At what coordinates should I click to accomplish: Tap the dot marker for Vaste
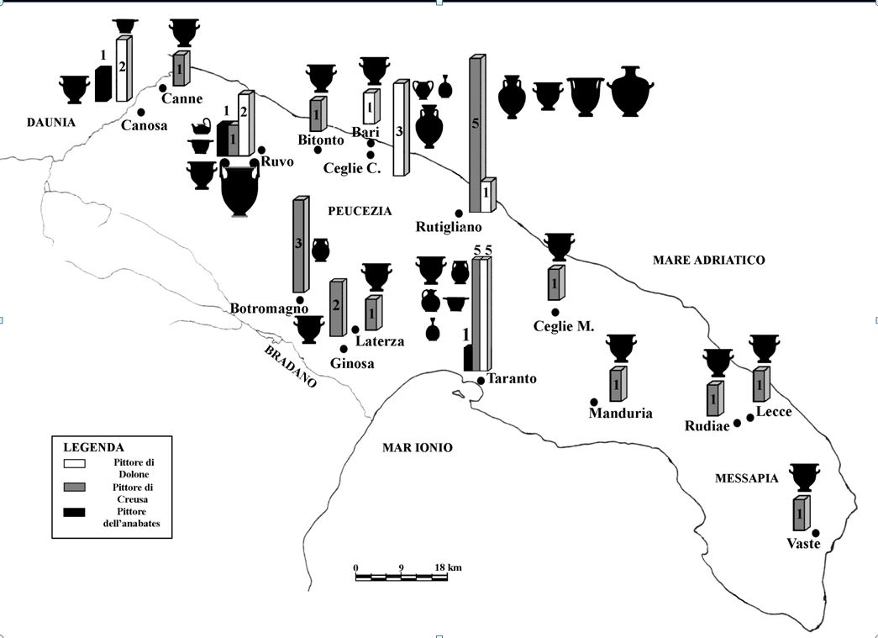(x=815, y=532)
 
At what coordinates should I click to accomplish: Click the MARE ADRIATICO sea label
(x=708, y=261)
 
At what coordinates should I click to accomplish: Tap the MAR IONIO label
(x=418, y=448)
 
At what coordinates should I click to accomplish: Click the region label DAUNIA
(x=50, y=123)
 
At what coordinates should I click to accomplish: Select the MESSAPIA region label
(x=746, y=478)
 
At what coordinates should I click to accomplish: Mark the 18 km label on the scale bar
(x=447, y=567)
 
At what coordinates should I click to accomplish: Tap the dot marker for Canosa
(x=141, y=112)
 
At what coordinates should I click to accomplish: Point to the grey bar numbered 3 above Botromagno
(x=299, y=244)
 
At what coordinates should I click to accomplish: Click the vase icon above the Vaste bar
(x=804, y=476)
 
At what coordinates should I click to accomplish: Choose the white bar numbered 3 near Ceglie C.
(x=400, y=129)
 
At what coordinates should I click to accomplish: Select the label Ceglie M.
(x=564, y=326)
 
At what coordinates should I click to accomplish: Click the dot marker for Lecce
(x=750, y=417)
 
